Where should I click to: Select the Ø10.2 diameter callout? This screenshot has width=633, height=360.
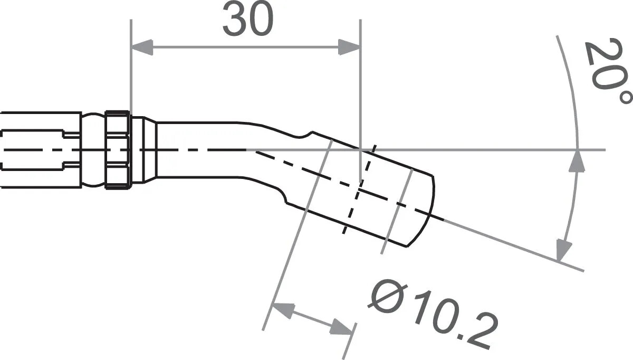[433, 314]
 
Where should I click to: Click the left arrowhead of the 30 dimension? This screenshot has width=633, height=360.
[141, 47]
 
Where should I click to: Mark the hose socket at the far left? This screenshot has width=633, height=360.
[40, 150]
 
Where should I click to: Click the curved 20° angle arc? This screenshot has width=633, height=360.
[575, 106]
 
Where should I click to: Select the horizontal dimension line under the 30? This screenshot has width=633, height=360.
[245, 47]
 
